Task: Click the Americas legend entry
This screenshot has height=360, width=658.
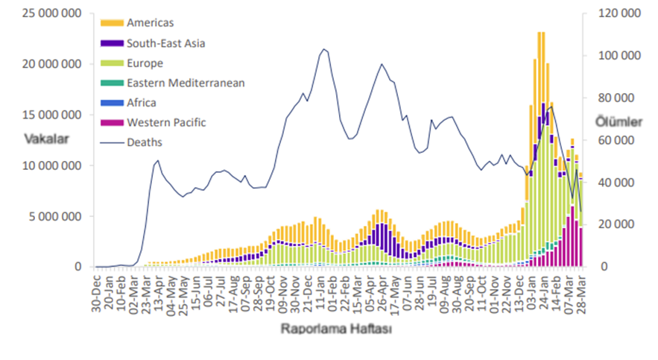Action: point(150,23)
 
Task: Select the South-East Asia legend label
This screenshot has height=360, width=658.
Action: point(165,43)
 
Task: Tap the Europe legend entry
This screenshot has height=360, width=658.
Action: point(145,63)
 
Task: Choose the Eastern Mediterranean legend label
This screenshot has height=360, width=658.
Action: point(186,83)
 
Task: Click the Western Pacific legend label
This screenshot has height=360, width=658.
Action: point(166,122)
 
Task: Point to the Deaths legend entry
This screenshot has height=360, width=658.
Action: point(145,142)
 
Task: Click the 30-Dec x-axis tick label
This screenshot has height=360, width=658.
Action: point(96,290)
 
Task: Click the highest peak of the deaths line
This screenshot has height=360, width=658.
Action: point(324,49)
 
